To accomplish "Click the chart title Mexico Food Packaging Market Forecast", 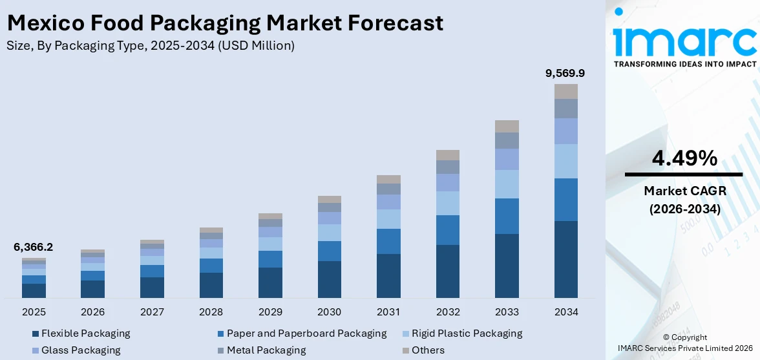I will click(225, 23).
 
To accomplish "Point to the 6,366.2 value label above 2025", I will click(34, 248).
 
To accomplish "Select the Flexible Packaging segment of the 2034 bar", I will click(565, 259).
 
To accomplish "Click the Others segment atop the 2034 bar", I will click(565, 91).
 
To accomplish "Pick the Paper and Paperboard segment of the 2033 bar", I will click(507, 216).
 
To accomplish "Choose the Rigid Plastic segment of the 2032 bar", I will click(447, 203).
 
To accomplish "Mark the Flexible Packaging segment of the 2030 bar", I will click(329, 279).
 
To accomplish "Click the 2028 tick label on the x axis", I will click(211, 312).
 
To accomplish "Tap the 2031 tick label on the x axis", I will click(388, 312).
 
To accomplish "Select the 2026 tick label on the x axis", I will click(92, 312).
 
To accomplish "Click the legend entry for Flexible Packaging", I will click(85, 334).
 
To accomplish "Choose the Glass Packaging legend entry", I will click(81, 350).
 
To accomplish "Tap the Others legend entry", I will click(428, 350).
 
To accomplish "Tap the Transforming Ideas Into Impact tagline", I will click(684, 64).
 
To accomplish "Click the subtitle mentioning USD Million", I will click(150, 45).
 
